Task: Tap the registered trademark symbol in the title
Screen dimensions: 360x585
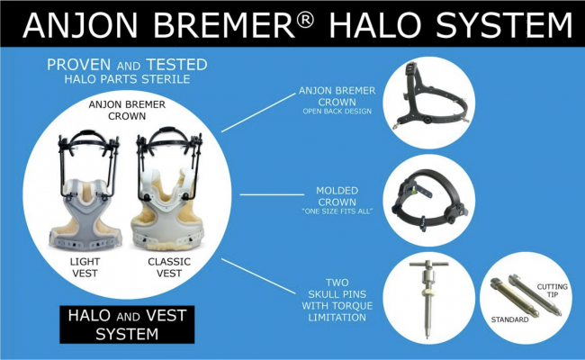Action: [324, 15]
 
